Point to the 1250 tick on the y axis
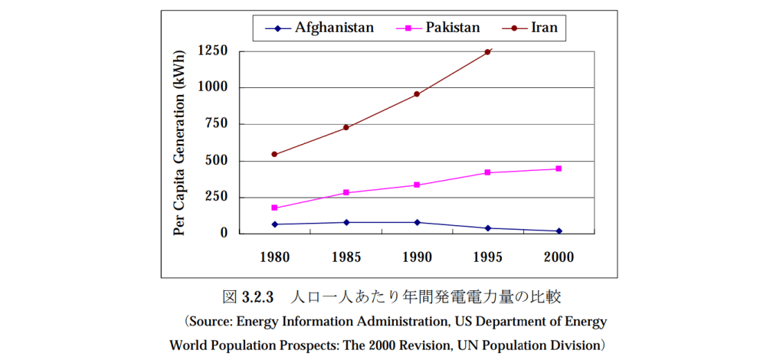(x=212, y=51)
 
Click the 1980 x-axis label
(x=274, y=257)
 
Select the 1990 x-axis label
(x=416, y=257)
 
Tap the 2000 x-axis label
(x=559, y=257)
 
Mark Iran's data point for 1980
(x=274, y=154)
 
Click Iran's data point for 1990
(x=417, y=94)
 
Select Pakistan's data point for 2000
(x=559, y=169)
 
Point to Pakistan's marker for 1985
(x=346, y=192)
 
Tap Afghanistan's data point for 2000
(x=559, y=231)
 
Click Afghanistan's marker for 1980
(x=274, y=224)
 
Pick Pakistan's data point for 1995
(x=487, y=172)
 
